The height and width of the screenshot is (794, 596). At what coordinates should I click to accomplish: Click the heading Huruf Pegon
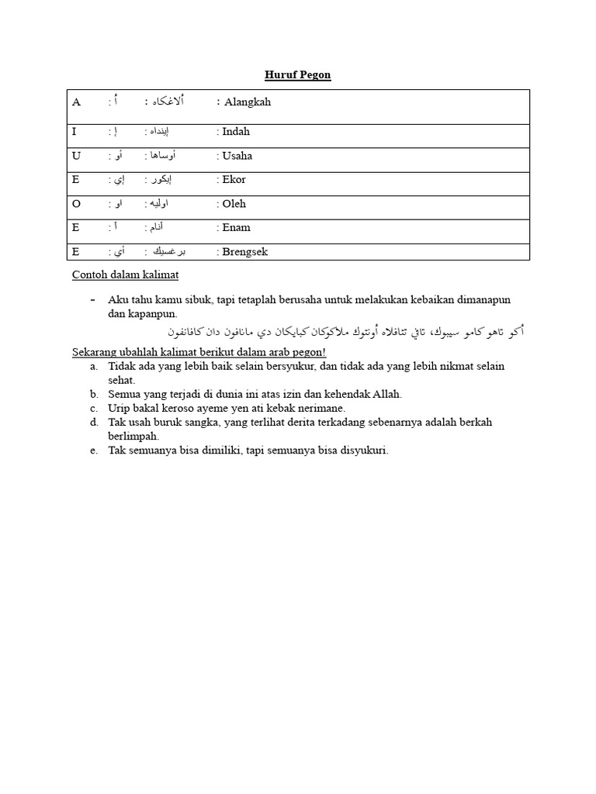[297, 74]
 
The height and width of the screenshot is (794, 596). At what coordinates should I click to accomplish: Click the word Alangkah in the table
[248, 102]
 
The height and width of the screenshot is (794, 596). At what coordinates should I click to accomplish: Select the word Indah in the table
[236, 132]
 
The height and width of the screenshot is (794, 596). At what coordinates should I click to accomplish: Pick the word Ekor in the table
[234, 180]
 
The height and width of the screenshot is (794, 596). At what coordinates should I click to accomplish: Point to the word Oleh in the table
[234, 204]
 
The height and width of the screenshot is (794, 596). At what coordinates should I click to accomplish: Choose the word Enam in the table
[236, 228]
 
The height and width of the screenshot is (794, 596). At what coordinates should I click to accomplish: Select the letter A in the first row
[76, 102]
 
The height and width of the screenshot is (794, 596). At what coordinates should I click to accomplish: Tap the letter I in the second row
[74, 132]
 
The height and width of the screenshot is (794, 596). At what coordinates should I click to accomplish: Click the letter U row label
[76, 156]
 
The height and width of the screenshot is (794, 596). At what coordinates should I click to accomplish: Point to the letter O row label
[76, 204]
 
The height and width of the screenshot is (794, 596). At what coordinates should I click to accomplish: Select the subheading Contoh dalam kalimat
[125, 274]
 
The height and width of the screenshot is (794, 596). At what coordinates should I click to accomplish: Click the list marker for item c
[93, 408]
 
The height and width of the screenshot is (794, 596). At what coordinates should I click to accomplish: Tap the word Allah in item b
[388, 394]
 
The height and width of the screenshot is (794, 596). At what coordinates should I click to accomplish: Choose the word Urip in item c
[119, 408]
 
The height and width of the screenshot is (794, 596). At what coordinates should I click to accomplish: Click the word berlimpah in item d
[133, 436]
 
